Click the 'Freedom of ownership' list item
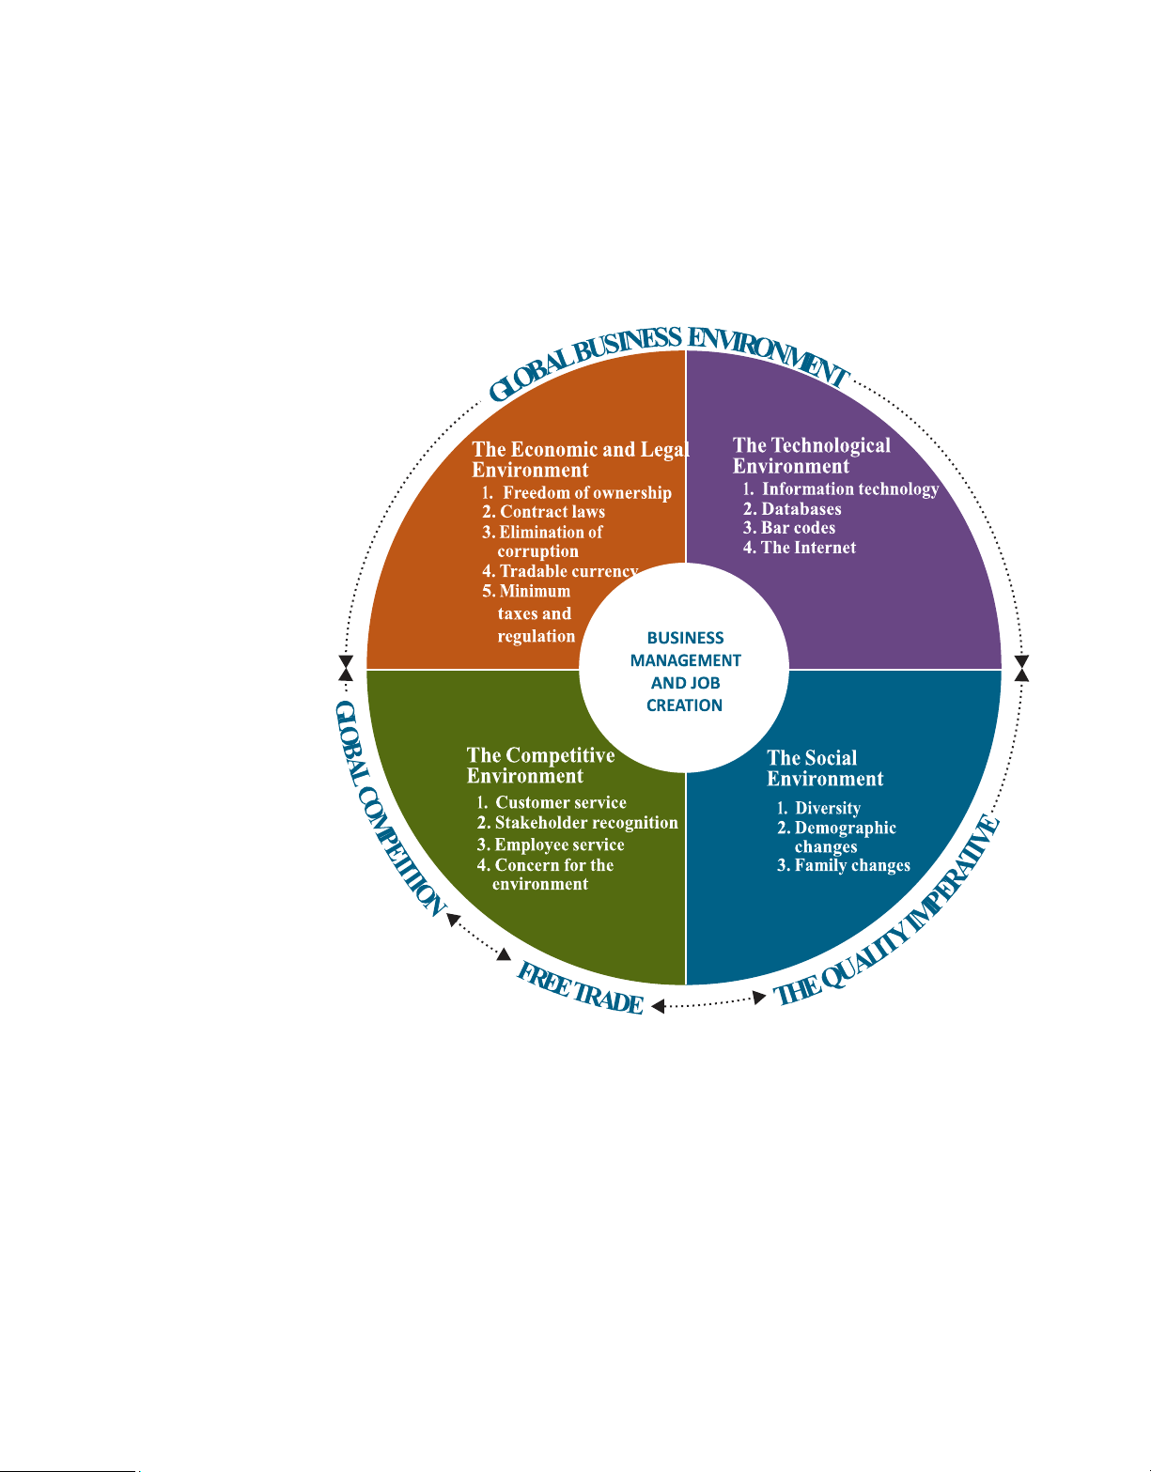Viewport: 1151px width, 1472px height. [577, 493]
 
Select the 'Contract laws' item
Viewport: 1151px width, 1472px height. [543, 512]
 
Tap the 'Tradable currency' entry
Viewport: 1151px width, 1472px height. [560, 572]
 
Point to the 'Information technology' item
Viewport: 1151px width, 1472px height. [841, 489]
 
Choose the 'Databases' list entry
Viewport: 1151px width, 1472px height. [792, 509]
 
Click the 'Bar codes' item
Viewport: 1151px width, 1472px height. [789, 528]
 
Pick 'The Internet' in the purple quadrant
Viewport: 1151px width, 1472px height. [800, 548]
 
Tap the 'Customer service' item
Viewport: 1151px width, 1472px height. [552, 803]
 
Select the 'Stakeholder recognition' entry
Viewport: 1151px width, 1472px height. [577, 823]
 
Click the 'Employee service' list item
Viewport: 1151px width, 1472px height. [550, 844]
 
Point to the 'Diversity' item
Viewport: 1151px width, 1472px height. [818, 808]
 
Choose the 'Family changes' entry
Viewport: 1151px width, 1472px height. [844, 866]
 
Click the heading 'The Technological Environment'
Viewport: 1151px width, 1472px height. [812, 456]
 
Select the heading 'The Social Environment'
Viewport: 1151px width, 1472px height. [825, 768]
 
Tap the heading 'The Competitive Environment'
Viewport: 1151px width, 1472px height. [540, 766]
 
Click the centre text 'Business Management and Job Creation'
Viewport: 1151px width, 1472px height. [685, 672]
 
